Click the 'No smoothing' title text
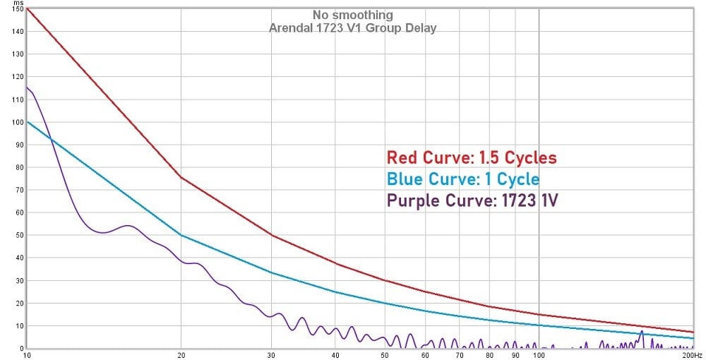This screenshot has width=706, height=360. (352, 15)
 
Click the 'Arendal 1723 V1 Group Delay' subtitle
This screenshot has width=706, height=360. (352, 28)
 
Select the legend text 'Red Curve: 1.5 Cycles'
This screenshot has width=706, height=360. (471, 157)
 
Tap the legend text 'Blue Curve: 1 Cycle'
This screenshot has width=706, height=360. (462, 179)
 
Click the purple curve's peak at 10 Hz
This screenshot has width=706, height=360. (27, 88)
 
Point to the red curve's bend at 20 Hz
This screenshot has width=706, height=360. (181, 177)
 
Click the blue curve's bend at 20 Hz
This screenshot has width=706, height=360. (181, 235)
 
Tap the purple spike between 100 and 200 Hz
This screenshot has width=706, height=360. (642, 332)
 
